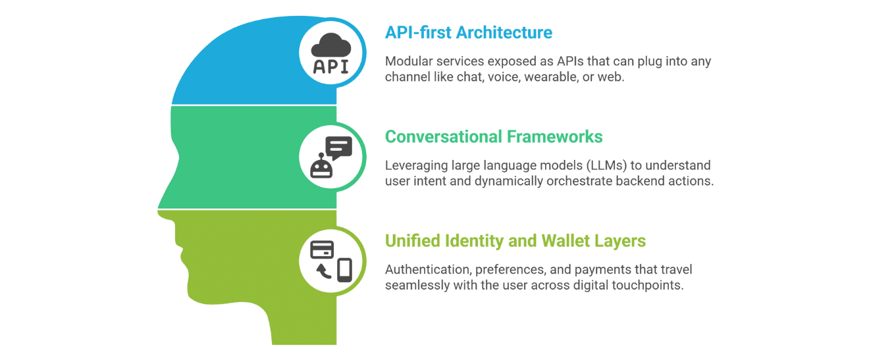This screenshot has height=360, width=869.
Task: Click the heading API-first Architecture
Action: [x=469, y=33]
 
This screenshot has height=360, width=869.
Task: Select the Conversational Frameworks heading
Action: [x=494, y=136]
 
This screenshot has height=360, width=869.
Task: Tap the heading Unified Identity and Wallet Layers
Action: [x=515, y=240]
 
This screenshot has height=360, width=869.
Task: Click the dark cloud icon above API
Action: [x=331, y=45]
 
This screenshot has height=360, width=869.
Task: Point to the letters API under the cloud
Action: [x=331, y=66]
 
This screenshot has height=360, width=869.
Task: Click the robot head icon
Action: [x=321, y=166]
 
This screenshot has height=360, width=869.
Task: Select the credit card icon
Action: [x=322, y=249]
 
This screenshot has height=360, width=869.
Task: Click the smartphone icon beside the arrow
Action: [x=344, y=270]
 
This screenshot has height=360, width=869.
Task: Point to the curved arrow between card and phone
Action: [x=323, y=271]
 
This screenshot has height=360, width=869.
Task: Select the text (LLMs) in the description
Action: [x=606, y=165]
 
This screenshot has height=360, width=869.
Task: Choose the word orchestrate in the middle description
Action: [x=579, y=181]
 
